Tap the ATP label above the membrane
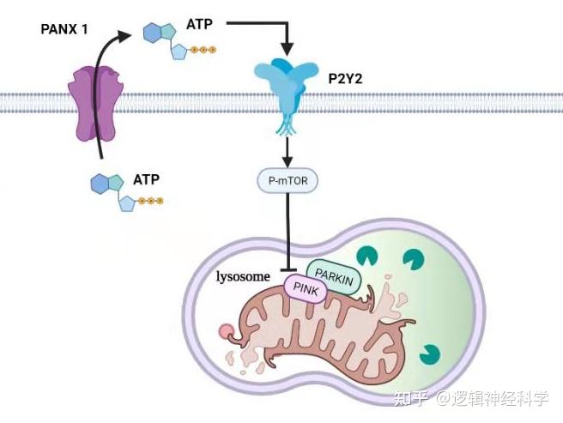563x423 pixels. tap(199, 25)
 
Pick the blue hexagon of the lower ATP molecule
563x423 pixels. tap(100, 183)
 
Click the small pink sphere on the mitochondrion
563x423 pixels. tap(226, 331)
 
